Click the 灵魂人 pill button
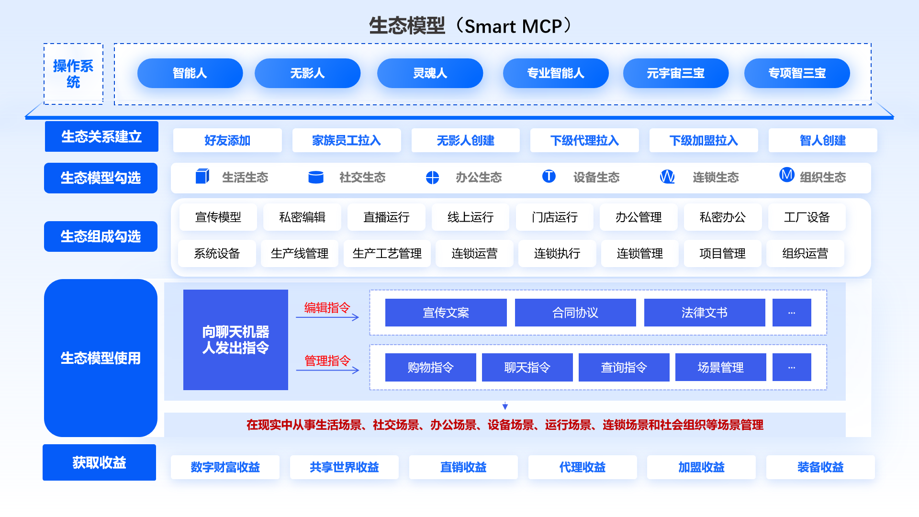430,73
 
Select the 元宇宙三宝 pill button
676,73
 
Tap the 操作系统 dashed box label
73,74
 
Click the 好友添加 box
227,140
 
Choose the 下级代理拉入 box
584,140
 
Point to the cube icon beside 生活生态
202,177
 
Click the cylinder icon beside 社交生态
316,177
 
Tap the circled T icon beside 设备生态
549,176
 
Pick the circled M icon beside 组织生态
787,175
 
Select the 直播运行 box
386,217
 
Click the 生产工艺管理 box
387,253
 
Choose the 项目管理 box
722,253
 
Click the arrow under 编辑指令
327,317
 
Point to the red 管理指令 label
327,360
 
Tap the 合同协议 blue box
575,313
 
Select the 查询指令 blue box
624,367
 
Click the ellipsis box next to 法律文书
792,313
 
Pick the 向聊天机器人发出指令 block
235,340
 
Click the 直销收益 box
463,467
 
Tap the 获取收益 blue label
99,462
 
